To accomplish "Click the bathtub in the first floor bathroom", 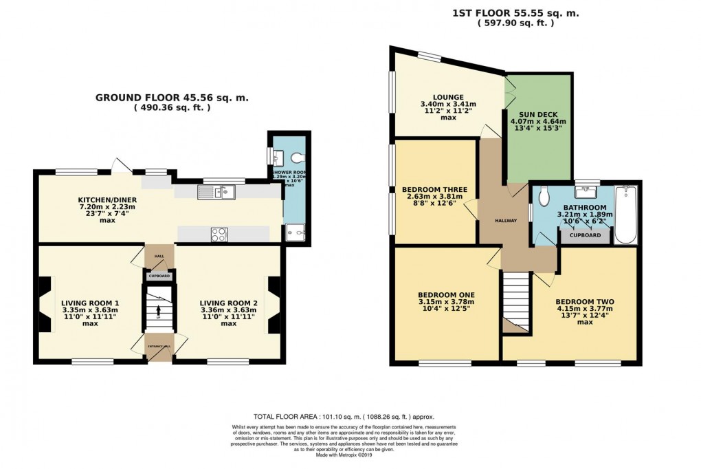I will tap(625, 214).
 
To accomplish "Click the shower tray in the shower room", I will tap(296, 233).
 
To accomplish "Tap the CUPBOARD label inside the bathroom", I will tap(584, 235).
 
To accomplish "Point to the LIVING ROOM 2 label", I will tap(228, 303).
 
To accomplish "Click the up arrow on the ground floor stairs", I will tap(158, 311).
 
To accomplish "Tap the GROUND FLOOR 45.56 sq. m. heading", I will tap(171, 98).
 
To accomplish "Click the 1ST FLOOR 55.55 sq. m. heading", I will tap(515, 12).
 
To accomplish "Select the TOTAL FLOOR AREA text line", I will tap(344, 417).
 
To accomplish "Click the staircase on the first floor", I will tap(515, 299).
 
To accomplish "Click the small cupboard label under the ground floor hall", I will tap(159, 276).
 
